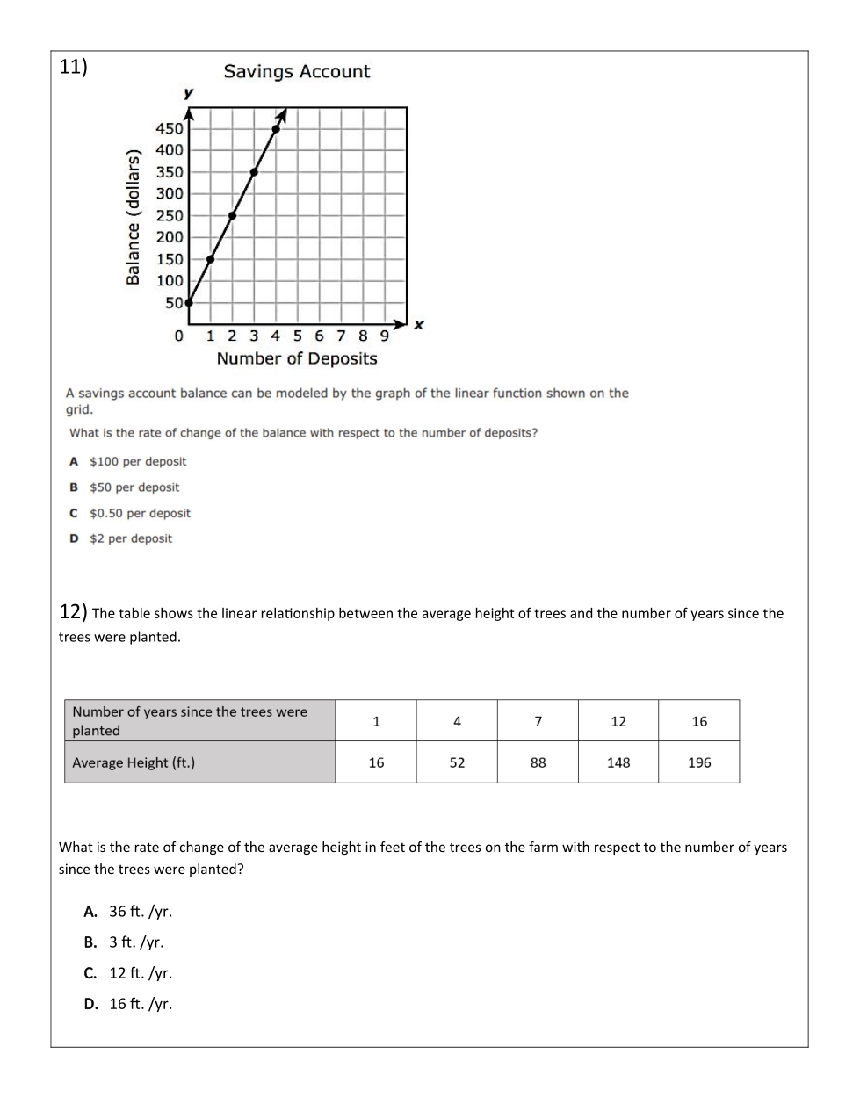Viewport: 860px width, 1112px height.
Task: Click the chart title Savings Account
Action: (x=297, y=72)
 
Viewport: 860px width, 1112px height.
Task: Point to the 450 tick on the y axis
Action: (x=170, y=128)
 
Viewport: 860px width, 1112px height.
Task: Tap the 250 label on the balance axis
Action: (x=170, y=215)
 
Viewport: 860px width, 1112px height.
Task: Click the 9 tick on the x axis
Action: (x=384, y=336)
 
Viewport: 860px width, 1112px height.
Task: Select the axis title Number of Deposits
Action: (x=297, y=358)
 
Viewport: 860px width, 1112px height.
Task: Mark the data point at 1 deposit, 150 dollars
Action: (x=211, y=259)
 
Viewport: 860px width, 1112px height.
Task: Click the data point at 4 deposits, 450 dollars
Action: (x=276, y=129)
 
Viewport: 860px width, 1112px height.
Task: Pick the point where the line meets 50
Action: (x=189, y=302)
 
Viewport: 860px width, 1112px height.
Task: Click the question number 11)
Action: (x=73, y=68)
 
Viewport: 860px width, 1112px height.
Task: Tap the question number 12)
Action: (x=73, y=611)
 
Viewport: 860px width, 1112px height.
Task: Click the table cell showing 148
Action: (x=618, y=762)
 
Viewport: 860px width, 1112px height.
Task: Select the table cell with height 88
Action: (x=538, y=762)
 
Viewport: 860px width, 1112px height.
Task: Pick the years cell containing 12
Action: (x=618, y=721)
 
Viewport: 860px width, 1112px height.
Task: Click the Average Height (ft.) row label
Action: (x=134, y=762)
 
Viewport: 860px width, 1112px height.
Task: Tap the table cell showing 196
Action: (x=699, y=762)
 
